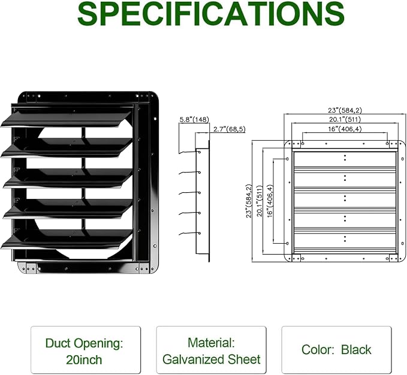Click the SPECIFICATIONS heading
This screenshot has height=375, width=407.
[211, 14]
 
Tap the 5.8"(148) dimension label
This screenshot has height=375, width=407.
[194, 119]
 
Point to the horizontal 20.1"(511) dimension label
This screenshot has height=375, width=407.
[345, 119]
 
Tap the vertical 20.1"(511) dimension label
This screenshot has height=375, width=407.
[260, 201]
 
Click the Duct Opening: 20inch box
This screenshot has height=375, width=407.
[86, 350]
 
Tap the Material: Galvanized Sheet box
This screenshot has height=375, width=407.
[211, 350]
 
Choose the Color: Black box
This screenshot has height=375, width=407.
[336, 350]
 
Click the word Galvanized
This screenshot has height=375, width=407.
[193, 359]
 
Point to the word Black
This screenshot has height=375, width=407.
[356, 350]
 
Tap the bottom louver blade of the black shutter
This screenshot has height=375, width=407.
[67, 240]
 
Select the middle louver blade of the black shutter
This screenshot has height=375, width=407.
[68, 179]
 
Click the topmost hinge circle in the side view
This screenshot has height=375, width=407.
[200, 152]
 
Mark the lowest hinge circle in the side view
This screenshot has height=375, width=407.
[200, 233]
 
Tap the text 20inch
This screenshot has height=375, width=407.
[84, 360]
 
